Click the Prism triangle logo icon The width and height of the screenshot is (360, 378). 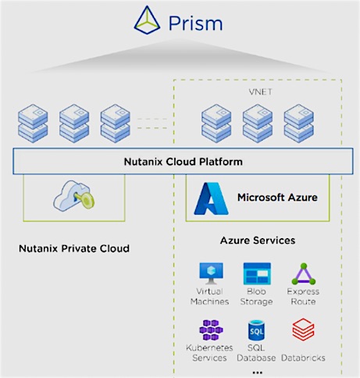(147, 20)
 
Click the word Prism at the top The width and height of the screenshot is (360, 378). (195, 23)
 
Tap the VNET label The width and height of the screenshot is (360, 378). (260, 92)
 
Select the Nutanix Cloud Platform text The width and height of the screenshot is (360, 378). (184, 162)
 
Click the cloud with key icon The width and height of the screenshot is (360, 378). (74, 195)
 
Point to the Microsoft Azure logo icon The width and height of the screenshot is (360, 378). (211, 198)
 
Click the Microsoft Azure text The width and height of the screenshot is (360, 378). (277, 198)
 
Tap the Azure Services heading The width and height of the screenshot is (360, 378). (258, 241)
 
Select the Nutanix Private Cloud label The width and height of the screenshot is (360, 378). (74, 248)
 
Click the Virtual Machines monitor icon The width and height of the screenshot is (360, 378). (211, 273)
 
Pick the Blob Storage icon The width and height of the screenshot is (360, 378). (257, 273)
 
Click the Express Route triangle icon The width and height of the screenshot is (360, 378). (304, 274)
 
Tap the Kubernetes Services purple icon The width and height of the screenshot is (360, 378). (211, 330)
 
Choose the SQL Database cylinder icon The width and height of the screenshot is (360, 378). (256, 330)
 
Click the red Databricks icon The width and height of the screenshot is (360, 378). (303, 330)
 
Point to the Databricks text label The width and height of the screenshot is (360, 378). (303, 358)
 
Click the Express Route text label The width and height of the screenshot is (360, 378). (303, 296)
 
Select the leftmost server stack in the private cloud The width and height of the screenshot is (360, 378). (33, 123)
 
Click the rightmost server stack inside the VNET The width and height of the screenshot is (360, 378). (299, 123)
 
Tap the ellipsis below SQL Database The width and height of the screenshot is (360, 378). (257, 373)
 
